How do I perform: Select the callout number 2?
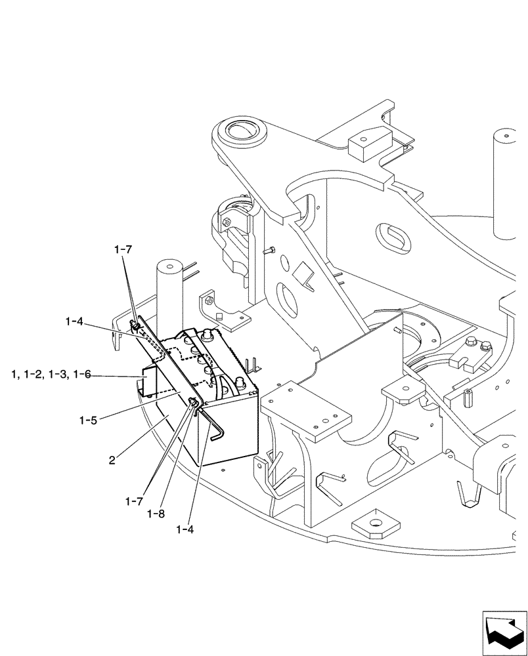[x=112, y=461]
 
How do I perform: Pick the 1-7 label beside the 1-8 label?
[x=134, y=501]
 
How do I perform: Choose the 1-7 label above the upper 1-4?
[x=123, y=250]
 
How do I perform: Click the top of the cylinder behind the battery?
[x=169, y=267]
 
